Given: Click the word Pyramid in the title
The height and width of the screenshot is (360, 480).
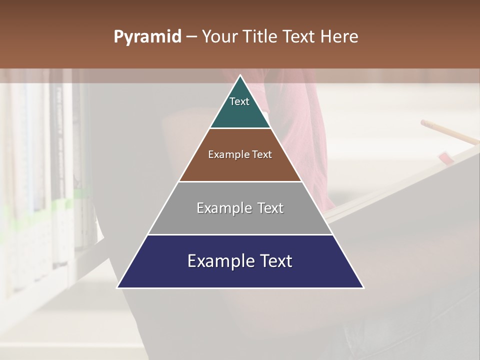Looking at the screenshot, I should click(x=147, y=37).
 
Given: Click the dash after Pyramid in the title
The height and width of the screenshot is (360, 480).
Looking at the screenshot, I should click(x=191, y=37).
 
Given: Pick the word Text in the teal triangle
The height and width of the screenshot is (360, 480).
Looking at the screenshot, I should click(x=239, y=101).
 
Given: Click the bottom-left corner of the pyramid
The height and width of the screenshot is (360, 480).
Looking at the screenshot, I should click(x=118, y=287).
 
